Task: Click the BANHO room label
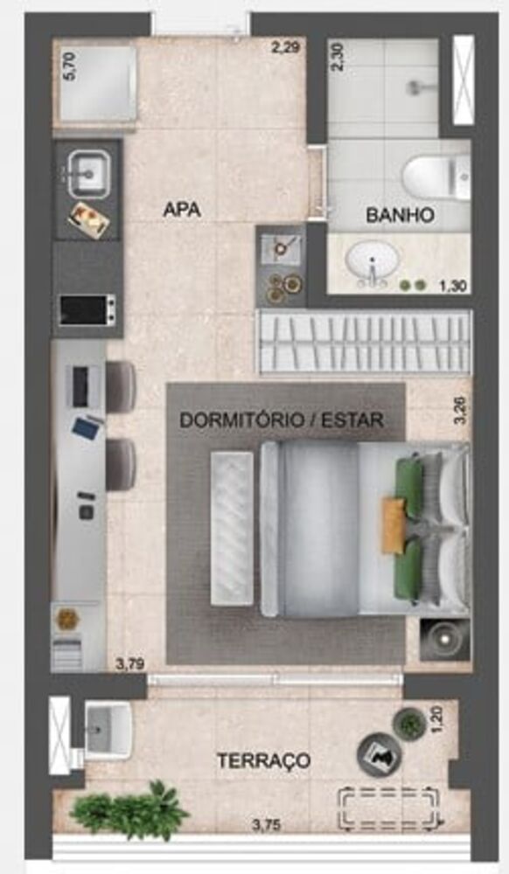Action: click(x=400, y=214)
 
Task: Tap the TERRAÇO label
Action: click(x=263, y=760)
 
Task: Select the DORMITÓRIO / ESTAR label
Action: click(x=281, y=420)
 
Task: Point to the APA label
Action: click(x=182, y=210)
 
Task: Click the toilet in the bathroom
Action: click(x=436, y=176)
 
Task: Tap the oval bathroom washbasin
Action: click(x=372, y=260)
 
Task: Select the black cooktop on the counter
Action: click(x=87, y=309)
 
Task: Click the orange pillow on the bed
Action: click(x=394, y=525)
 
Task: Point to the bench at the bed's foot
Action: click(x=232, y=528)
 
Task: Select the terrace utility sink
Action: click(x=107, y=727)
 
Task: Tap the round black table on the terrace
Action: click(x=375, y=754)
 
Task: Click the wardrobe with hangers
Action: click(x=363, y=342)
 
